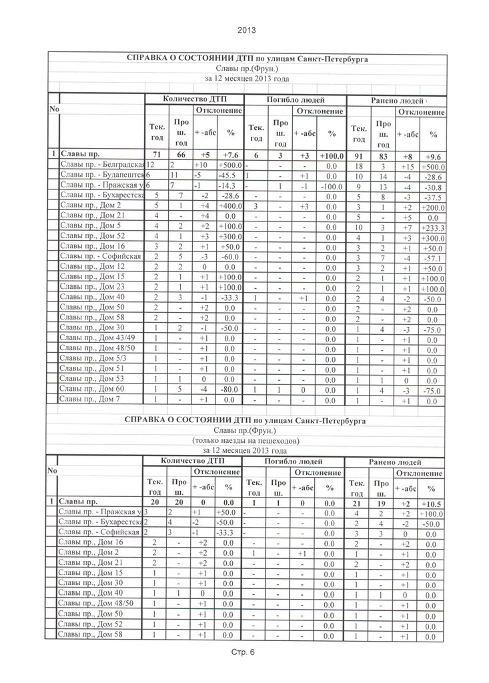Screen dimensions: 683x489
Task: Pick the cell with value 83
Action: click(382, 155)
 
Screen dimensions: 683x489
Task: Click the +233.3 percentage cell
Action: click(432, 228)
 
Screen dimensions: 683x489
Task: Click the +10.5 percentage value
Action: click(432, 502)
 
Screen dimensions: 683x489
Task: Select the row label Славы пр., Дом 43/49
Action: click(98, 338)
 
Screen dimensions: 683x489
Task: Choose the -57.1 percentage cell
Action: click(432, 258)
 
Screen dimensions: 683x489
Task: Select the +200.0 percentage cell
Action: click(432, 207)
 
